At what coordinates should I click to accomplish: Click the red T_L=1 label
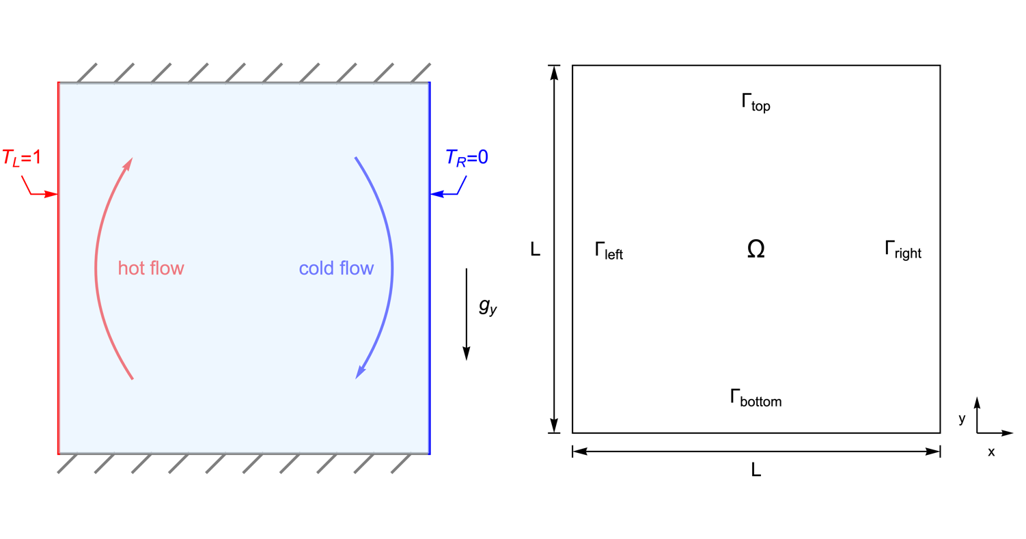22,158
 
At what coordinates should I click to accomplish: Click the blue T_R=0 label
467,158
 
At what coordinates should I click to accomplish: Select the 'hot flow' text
151,268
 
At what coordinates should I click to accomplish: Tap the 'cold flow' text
336,268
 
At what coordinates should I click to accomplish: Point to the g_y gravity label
488,307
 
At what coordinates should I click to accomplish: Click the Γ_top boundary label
755,103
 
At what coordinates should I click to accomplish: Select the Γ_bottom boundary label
755,398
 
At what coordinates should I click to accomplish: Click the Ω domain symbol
755,250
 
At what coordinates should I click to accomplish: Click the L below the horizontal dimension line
755,470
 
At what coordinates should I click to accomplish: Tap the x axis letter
990,452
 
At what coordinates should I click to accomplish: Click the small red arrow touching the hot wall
44,194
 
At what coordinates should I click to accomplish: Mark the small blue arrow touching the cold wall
443,194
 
